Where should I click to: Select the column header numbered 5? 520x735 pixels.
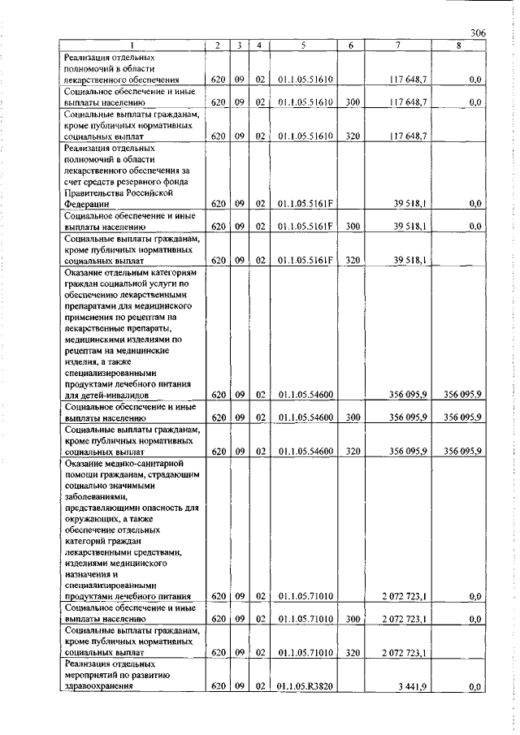[301, 45]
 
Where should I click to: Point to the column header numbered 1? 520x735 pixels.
[132, 45]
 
